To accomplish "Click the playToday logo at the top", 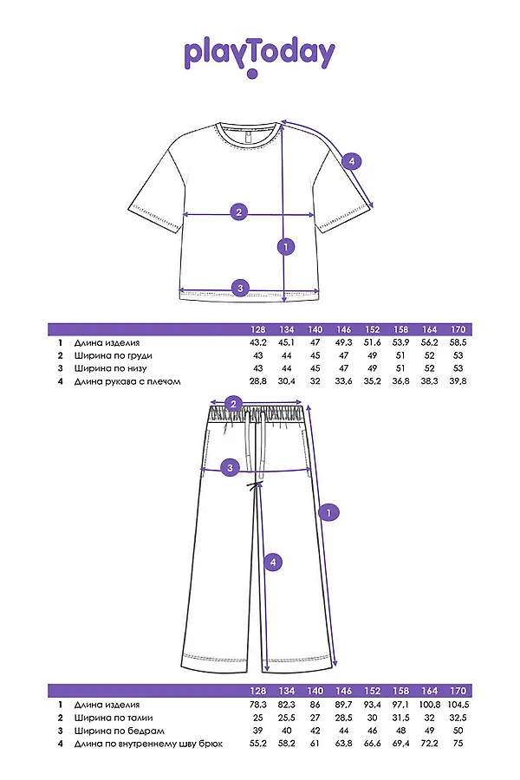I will point(258,55).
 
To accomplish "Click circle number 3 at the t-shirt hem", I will point(241,288).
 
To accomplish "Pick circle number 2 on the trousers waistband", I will point(231,403).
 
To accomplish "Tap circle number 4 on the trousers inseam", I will point(273,562).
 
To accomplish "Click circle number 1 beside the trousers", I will point(328,513).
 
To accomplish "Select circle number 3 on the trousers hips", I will point(230,468).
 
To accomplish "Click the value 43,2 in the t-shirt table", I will point(257,343).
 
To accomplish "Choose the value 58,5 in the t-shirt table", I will point(458,343).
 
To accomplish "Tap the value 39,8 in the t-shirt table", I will point(458,380).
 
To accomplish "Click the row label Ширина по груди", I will point(113,355).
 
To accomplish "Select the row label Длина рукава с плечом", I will point(126,380).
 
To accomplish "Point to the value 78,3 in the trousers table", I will point(257,705).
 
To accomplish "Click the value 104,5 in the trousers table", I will point(458,705).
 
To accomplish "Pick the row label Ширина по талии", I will point(113,718).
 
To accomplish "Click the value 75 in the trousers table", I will point(458,743).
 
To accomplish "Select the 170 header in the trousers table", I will point(458,692).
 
